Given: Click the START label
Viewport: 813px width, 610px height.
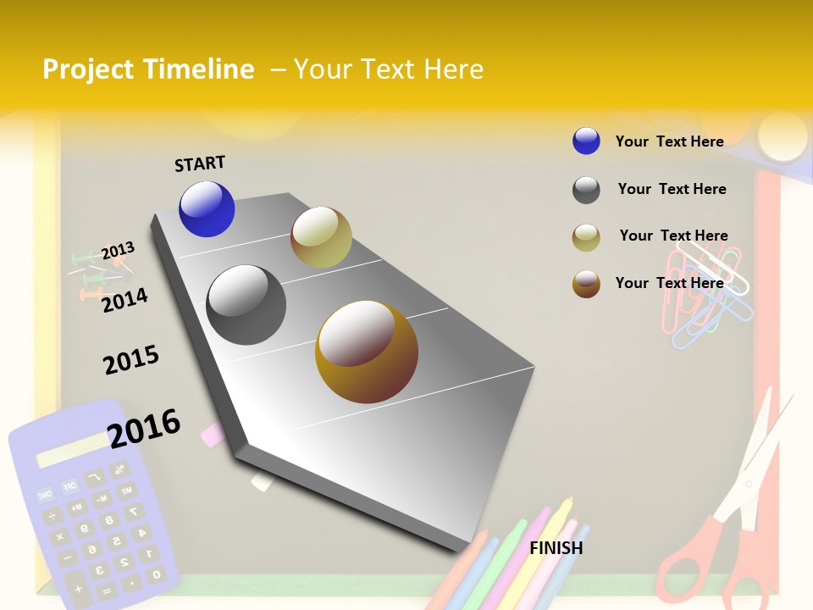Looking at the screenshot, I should (x=200, y=164).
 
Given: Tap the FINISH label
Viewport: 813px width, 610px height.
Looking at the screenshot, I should (x=556, y=548).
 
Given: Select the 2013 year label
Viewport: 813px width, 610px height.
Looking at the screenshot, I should (x=118, y=251).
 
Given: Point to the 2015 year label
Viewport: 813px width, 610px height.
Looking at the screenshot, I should (x=131, y=360).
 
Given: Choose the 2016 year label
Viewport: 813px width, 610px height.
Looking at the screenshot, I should (x=144, y=428).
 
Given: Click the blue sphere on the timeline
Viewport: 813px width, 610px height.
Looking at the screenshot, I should (x=207, y=209).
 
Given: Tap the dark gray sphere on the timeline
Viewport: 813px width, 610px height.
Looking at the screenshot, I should (x=246, y=305).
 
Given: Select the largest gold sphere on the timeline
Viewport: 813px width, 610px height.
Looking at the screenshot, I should (x=367, y=352).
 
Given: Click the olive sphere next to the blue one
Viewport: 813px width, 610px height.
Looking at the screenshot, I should (x=321, y=237).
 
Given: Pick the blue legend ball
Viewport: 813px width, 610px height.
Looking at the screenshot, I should (x=586, y=141).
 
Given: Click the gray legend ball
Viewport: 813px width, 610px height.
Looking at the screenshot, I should (x=586, y=190).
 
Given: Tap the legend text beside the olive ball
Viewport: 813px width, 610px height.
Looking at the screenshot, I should (x=673, y=236).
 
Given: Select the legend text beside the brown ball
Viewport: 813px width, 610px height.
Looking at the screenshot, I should (x=669, y=283).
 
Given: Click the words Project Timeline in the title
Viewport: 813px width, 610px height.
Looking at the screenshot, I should (x=148, y=69).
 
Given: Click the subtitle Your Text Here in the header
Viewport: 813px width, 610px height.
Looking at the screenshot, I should (x=389, y=69).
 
